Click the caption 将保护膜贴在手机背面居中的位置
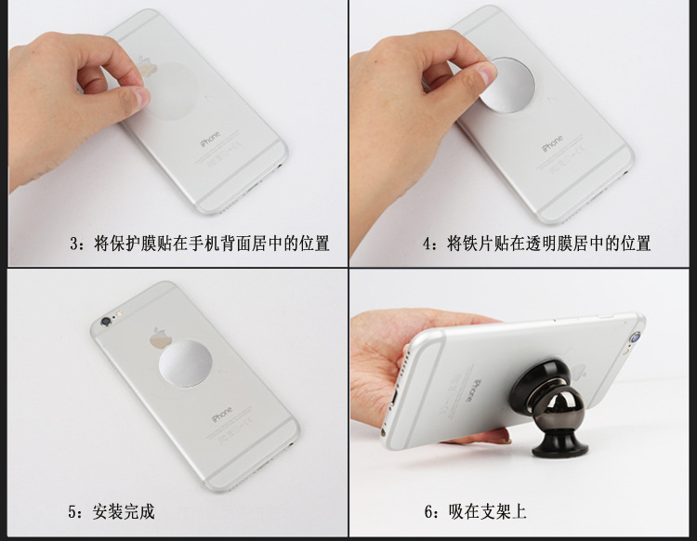(211, 244)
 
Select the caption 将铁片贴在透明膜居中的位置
(548, 244)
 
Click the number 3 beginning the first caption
(74, 244)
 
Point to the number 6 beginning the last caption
(428, 511)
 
